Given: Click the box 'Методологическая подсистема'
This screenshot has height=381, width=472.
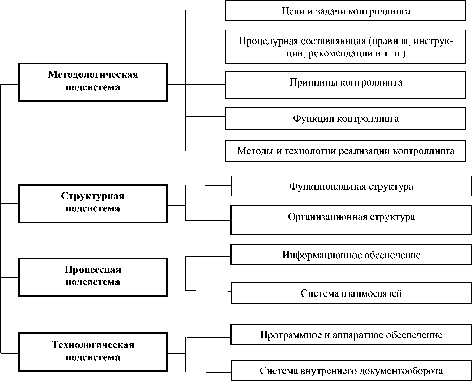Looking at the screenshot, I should point(93,81).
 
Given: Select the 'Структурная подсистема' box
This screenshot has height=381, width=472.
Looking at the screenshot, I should point(93,203).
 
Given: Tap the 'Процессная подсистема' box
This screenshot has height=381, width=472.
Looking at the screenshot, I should point(93,276).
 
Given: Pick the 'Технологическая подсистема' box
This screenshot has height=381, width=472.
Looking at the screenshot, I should point(93,351).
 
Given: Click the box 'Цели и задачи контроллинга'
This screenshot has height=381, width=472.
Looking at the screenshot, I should point(345,11).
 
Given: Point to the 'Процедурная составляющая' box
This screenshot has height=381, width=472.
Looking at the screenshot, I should point(345,47).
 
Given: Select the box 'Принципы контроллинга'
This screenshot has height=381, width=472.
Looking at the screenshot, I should point(345,83).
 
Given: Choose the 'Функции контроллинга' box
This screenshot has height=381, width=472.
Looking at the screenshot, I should point(345,119).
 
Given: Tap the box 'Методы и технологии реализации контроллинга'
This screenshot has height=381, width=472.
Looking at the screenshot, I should point(345,151).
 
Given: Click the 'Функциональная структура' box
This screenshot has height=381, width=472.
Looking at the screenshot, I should point(351,186).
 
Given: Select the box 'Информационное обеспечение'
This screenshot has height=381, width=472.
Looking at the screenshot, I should point(351,255).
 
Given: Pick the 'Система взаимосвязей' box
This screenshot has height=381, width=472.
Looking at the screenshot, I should point(351,293).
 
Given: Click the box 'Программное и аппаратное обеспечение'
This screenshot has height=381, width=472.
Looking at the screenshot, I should point(351,335).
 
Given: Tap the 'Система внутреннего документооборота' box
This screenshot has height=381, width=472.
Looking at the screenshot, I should point(351,371).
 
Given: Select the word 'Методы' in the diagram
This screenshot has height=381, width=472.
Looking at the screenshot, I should point(253,151).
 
